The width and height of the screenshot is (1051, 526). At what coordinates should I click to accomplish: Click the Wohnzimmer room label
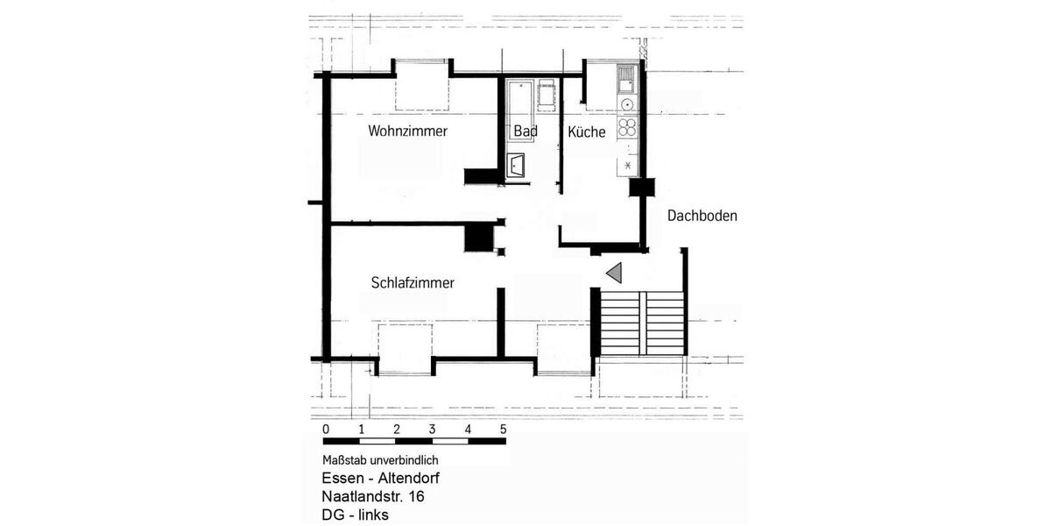click(407, 131)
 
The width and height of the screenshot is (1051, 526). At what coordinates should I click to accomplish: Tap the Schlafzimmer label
click(412, 282)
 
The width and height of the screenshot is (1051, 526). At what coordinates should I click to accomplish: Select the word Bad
click(525, 131)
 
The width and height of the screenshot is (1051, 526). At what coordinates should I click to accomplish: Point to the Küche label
click(586, 132)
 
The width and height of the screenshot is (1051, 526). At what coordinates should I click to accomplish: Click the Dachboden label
click(702, 216)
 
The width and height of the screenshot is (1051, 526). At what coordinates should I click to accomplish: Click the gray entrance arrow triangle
click(615, 273)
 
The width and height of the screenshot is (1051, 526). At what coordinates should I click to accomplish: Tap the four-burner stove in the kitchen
click(627, 127)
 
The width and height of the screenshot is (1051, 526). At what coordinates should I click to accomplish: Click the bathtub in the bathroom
click(520, 96)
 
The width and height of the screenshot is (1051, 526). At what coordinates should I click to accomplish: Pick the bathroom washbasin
click(517, 165)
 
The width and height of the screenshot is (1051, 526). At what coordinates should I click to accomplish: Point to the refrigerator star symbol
click(628, 163)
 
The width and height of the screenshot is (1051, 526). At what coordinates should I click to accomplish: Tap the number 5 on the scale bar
click(503, 430)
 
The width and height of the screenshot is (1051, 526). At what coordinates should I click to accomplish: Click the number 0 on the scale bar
click(326, 430)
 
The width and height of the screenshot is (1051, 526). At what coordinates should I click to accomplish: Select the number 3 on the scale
click(432, 430)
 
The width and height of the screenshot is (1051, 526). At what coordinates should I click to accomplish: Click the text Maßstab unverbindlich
click(380, 460)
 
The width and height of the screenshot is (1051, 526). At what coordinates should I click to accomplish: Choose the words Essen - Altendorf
click(380, 479)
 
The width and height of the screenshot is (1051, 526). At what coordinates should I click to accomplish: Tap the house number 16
click(416, 497)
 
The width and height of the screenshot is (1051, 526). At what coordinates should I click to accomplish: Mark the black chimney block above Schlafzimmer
click(479, 238)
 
